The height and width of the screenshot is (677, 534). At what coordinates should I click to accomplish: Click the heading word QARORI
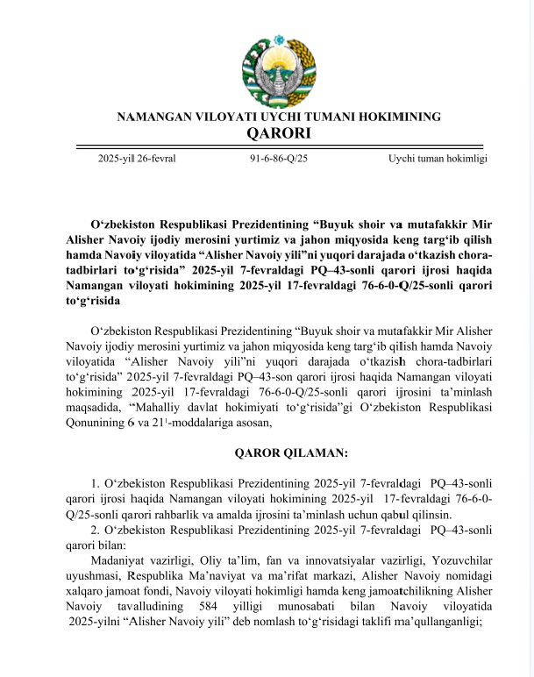pyautogui.click(x=279, y=134)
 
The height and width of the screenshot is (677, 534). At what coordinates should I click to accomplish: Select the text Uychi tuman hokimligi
pyautogui.click(x=438, y=158)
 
